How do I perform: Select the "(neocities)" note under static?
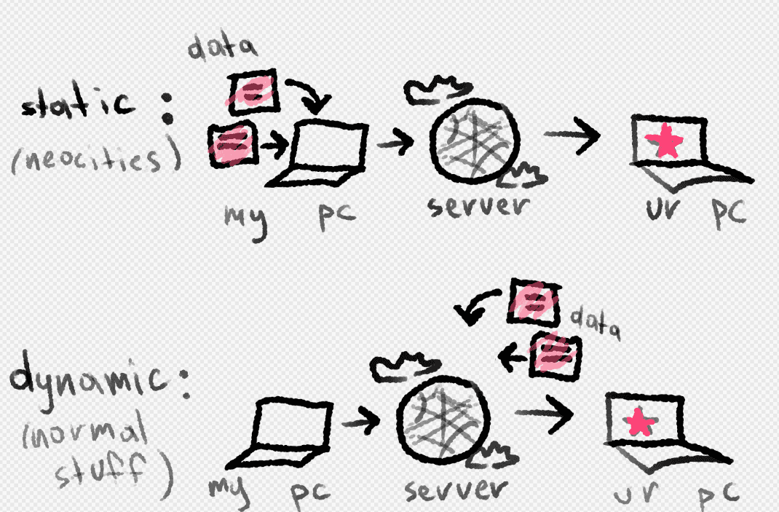click(95, 158)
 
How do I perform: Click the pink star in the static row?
click(666, 143)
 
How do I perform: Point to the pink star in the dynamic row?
click(638, 422)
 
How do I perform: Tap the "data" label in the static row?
click(223, 49)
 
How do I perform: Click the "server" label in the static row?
click(475, 207)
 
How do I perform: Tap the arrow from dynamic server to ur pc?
click(544, 414)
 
